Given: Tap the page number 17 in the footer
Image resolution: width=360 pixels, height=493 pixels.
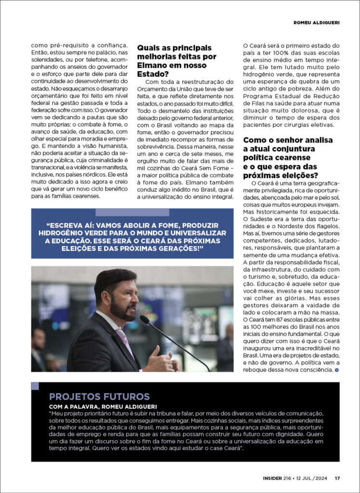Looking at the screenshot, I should pyautogui.click(x=337, y=478).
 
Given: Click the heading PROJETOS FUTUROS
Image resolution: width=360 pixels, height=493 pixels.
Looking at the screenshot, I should pyautogui.click(x=99, y=397).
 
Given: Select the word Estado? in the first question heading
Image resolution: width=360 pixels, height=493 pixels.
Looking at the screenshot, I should pyautogui.click(x=153, y=74).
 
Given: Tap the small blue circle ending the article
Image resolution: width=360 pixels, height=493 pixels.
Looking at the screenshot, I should pyautogui.click(x=336, y=370).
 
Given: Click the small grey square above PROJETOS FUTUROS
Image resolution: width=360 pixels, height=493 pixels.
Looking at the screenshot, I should pyautogui.click(x=35, y=386).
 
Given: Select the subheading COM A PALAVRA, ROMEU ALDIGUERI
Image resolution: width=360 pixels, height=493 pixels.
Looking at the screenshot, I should pyautogui.click(x=97, y=406).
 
